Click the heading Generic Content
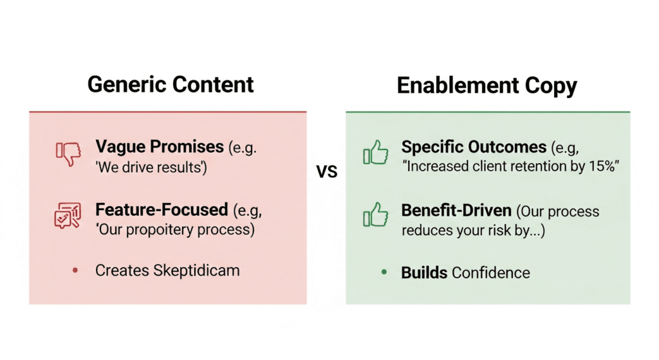(x=171, y=85)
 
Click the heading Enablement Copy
(x=487, y=85)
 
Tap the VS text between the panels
(x=326, y=172)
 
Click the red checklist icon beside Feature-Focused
(x=67, y=216)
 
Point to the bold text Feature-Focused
(x=162, y=209)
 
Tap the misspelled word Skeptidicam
(x=196, y=270)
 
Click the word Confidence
(x=491, y=272)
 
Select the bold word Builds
(x=424, y=272)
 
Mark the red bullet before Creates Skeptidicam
(x=75, y=271)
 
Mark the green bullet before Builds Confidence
(x=384, y=272)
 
